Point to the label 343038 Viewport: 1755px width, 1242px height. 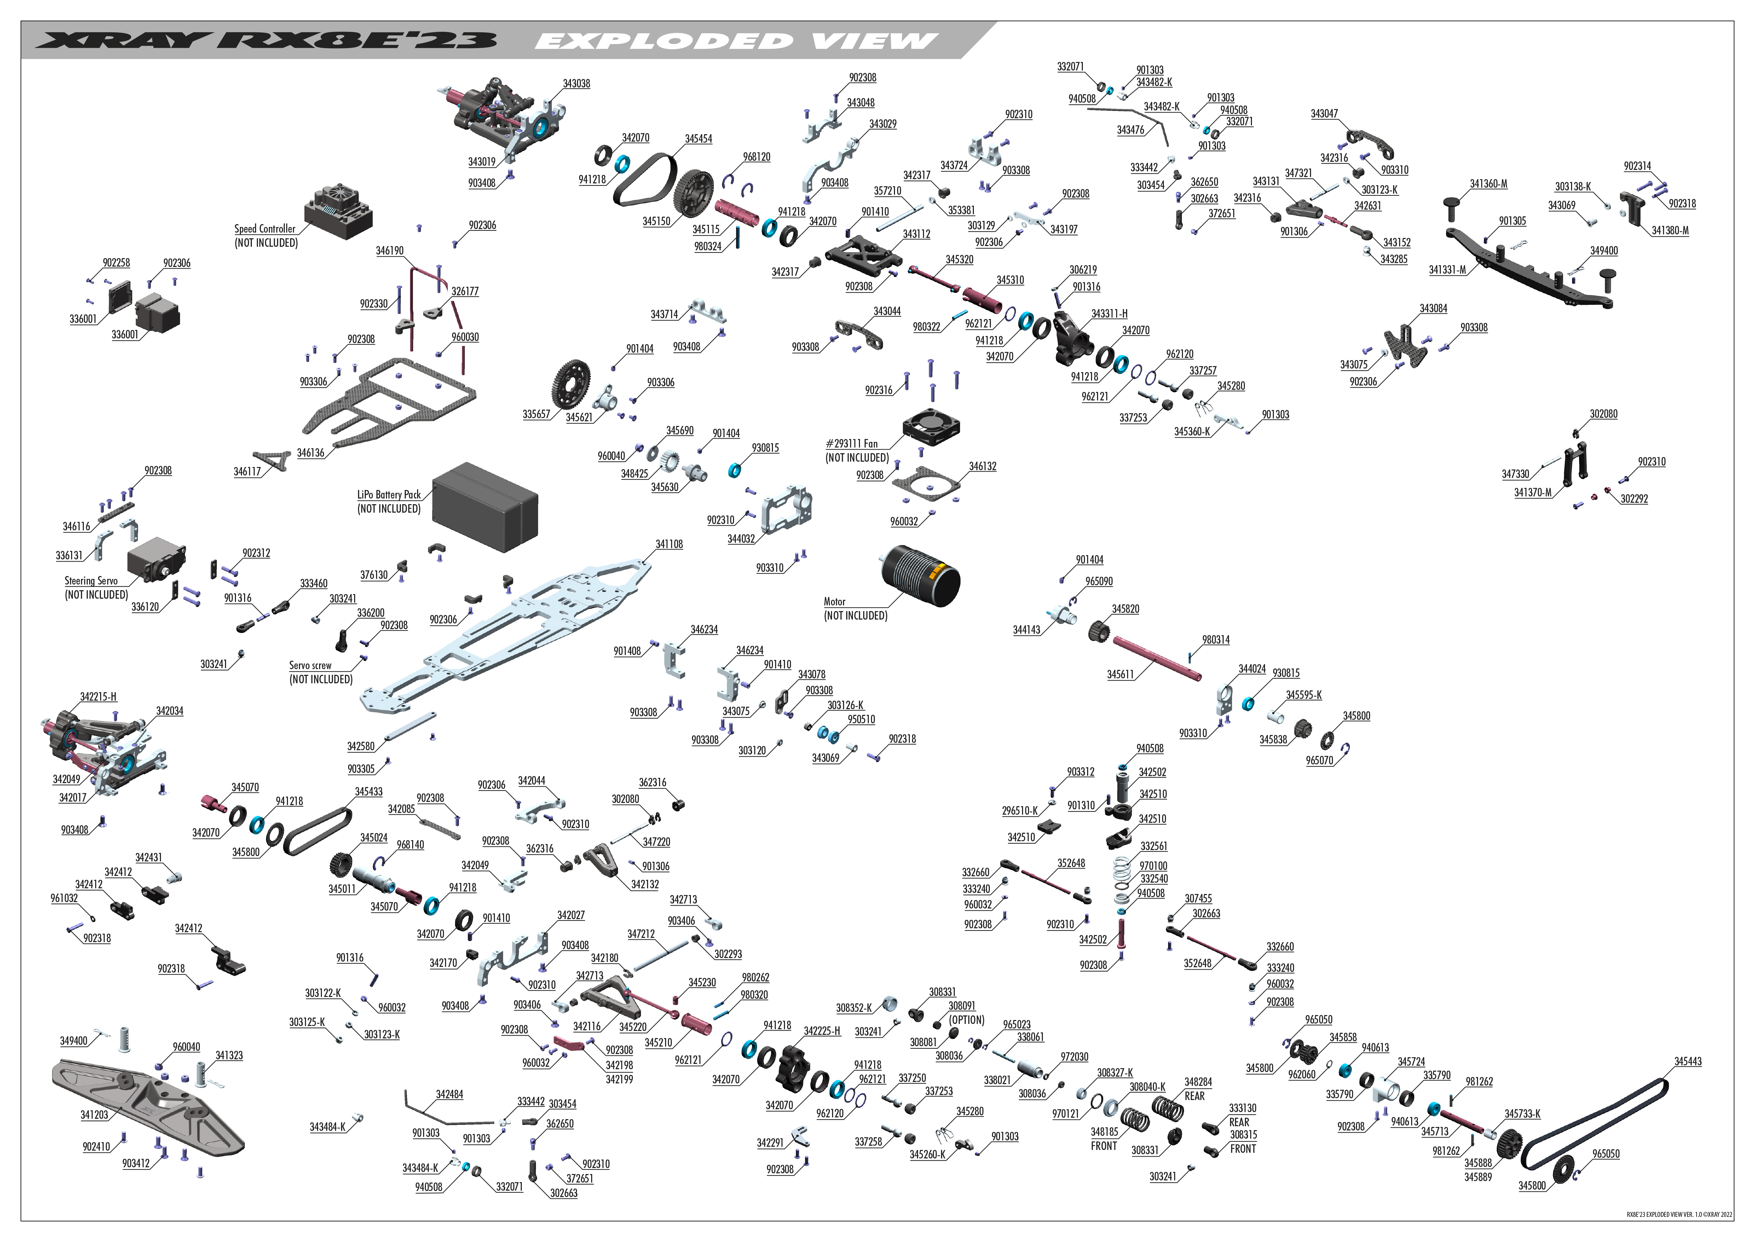[576, 84]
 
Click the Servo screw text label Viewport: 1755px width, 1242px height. [310, 665]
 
